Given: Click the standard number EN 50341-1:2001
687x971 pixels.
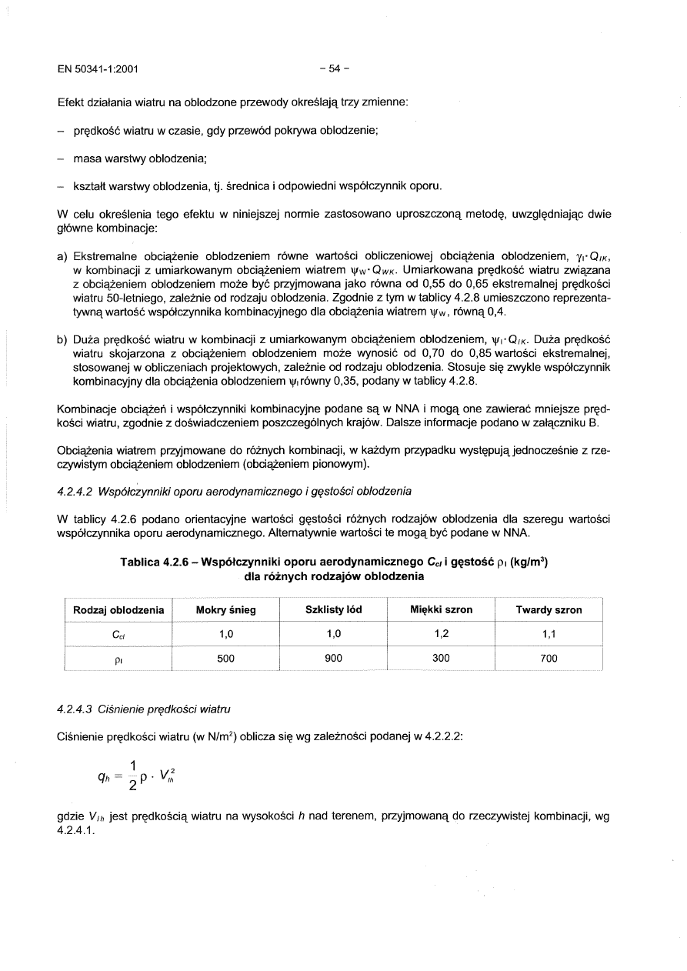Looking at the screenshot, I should (x=98, y=68).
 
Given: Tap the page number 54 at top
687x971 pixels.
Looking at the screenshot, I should (x=335, y=68).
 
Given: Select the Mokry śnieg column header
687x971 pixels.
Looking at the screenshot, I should (x=226, y=610).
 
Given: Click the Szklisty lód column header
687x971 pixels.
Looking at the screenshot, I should (x=334, y=610).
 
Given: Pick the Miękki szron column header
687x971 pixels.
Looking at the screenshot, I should (x=442, y=610).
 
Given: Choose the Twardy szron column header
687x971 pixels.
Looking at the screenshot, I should (x=549, y=610).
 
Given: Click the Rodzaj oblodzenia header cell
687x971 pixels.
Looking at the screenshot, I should (x=118, y=610).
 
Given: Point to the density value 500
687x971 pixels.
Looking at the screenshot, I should (x=226, y=658).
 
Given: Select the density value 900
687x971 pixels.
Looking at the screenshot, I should (x=334, y=658).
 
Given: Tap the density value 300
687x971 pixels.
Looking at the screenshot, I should (x=442, y=658).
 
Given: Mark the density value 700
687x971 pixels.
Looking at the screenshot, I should (x=549, y=658).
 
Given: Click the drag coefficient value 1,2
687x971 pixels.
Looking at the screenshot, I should (x=442, y=634).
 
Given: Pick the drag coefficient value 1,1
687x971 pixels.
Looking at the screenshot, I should (x=549, y=634).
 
